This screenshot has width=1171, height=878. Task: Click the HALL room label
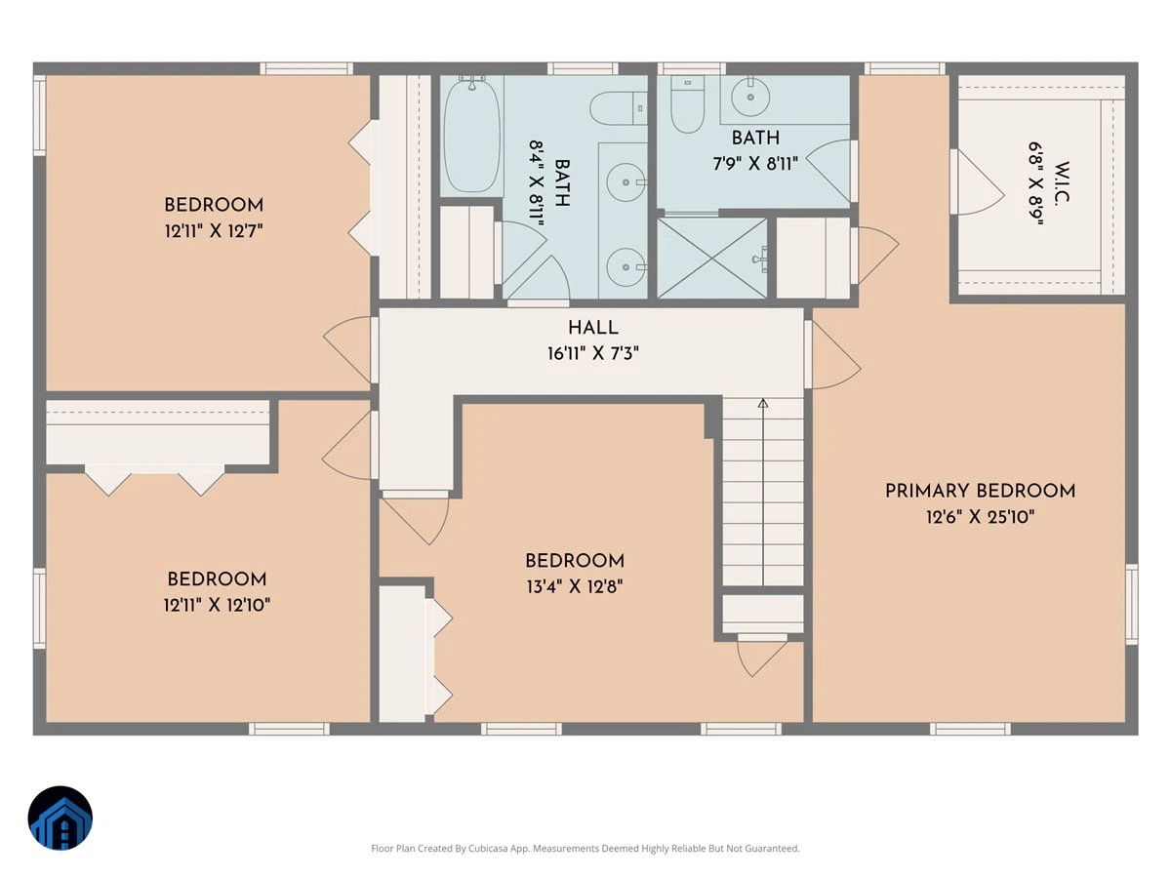click(x=592, y=328)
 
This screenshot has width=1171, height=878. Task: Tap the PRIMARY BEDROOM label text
click(x=980, y=491)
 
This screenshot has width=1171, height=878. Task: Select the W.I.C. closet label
click(x=1062, y=182)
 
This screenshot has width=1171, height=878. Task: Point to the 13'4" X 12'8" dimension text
click(x=575, y=587)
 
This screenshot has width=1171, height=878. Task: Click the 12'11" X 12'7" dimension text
click(x=214, y=231)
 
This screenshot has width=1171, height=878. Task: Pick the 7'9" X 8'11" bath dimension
click(x=755, y=163)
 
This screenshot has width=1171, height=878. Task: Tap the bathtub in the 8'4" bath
click(x=472, y=136)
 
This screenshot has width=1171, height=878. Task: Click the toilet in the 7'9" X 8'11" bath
click(x=687, y=104)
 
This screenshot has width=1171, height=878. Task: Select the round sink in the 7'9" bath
click(x=750, y=97)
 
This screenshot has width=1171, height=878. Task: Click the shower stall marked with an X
click(x=712, y=258)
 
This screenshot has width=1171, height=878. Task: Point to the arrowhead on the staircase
click(x=763, y=403)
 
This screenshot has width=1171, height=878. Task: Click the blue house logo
click(x=61, y=818)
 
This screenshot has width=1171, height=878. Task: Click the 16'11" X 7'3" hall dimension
click(x=592, y=353)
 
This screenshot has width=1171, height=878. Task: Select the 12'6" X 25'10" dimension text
click(x=980, y=517)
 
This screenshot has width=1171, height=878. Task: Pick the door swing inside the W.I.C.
click(x=979, y=182)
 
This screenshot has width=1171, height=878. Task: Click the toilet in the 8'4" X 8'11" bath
click(x=619, y=108)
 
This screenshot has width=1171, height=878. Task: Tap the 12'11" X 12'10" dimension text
click(x=217, y=605)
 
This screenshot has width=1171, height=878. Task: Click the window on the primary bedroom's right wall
click(x=1132, y=604)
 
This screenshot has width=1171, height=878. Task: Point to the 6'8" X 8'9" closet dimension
click(x=1035, y=183)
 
